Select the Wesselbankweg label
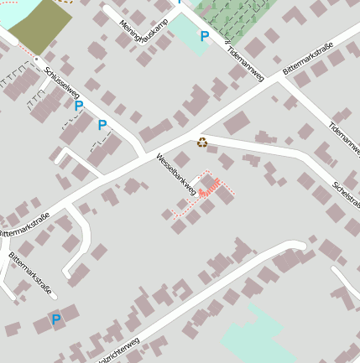pyautogui.click(x=175, y=174)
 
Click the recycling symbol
pyautogui.click(x=202, y=143)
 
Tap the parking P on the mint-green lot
pyautogui.click(x=204, y=37)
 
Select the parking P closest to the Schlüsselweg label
pyautogui.click(x=79, y=106)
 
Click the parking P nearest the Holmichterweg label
pyautogui.click(x=56, y=319)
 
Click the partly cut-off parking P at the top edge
pyautogui.click(x=179, y=3)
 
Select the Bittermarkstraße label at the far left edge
pyautogui.click(x=24, y=224)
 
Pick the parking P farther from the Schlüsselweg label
pyautogui.click(x=102, y=126)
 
